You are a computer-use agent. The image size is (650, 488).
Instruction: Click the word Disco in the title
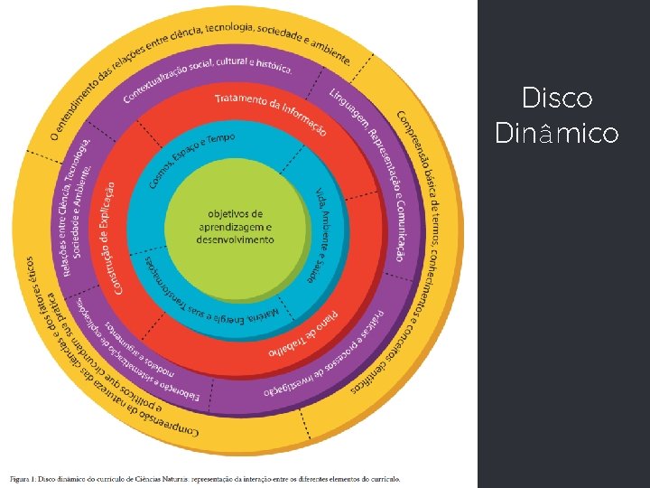[557, 98]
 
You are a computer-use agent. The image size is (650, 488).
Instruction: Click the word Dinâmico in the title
[557, 134]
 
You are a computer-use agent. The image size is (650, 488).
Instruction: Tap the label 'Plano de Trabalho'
[307, 336]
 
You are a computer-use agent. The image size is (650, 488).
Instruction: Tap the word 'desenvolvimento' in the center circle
[237, 240]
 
